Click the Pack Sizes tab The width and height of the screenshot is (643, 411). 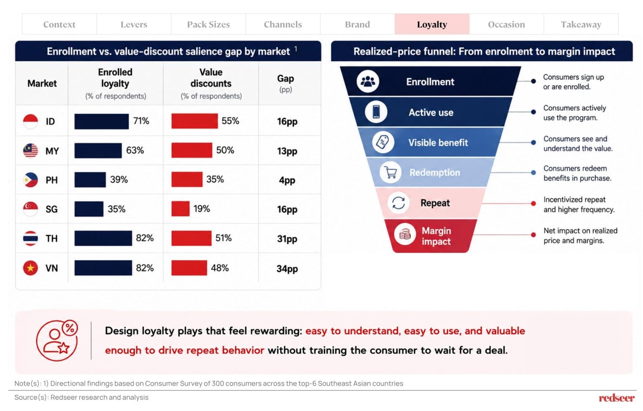pyautogui.click(x=208, y=24)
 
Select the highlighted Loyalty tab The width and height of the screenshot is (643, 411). pyautogui.click(x=432, y=24)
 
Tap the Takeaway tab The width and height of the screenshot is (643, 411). pyautogui.click(x=581, y=24)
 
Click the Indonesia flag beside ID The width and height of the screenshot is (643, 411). pyautogui.click(x=31, y=121)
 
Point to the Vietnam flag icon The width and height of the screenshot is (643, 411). pyautogui.click(x=31, y=268)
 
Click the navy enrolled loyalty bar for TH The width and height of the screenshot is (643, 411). pyautogui.click(x=103, y=238)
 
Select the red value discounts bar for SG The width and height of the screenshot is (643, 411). pyautogui.click(x=180, y=209)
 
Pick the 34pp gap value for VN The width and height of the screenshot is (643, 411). pyautogui.click(x=287, y=269)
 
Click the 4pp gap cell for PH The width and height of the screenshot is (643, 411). pyautogui.click(x=287, y=181)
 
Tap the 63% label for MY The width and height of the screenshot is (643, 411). pyautogui.click(x=135, y=150)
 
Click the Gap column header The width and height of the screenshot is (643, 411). pyautogui.click(x=285, y=83)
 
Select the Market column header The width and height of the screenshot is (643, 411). pyautogui.click(x=42, y=83)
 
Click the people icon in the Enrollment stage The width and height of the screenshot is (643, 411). pyautogui.click(x=368, y=82)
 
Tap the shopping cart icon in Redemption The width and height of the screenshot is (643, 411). pyautogui.click(x=391, y=172)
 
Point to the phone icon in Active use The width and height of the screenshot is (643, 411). pyautogui.click(x=376, y=112)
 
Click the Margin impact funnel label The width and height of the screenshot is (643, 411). pyautogui.click(x=436, y=236)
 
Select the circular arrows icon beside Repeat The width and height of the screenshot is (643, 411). pyautogui.click(x=399, y=203)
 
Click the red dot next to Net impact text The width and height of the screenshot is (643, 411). pyautogui.click(x=533, y=235)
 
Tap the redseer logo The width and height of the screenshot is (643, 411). pyautogui.click(x=616, y=398)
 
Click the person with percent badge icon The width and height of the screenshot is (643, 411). pyautogui.click(x=57, y=340)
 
